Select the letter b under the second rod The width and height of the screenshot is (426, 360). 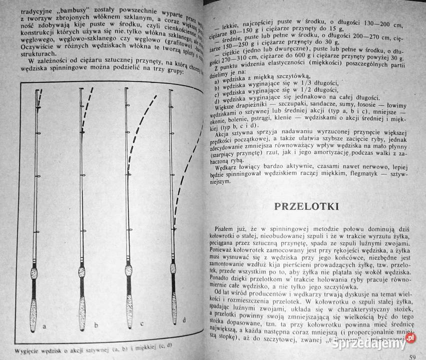(x=95, y=326)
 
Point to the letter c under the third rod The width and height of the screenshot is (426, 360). (x=142, y=323)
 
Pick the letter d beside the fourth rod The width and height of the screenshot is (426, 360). (x=184, y=320)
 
